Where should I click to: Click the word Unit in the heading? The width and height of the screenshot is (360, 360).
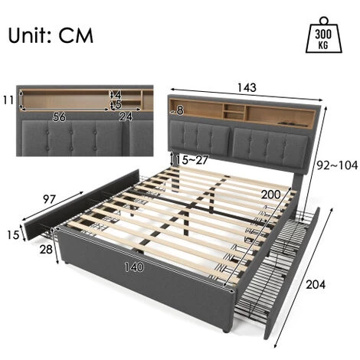click(x=28, y=35)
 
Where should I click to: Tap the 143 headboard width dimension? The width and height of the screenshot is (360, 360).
click(x=247, y=87)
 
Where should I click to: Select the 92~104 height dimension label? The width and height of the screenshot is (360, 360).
click(x=337, y=165)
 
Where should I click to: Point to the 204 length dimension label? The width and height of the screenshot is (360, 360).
click(x=316, y=284)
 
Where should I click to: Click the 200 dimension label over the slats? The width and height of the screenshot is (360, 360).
click(x=271, y=195)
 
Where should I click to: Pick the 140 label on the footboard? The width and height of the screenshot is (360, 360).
click(x=134, y=267)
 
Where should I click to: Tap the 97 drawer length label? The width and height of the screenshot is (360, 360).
click(x=49, y=199)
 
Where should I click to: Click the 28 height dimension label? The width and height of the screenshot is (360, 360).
click(x=46, y=249)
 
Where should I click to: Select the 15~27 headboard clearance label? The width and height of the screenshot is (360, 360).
click(x=191, y=160)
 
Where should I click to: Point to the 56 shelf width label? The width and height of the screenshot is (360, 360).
click(x=59, y=117)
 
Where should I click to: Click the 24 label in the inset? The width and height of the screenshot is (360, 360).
click(x=126, y=116)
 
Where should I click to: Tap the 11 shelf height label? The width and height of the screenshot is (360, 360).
click(x=8, y=100)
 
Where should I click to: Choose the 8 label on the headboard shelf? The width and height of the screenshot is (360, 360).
click(x=180, y=110)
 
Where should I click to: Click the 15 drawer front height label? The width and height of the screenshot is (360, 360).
click(x=13, y=234)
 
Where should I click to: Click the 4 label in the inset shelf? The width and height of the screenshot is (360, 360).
click(x=118, y=95)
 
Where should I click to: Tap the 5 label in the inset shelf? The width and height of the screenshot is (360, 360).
click(x=118, y=104)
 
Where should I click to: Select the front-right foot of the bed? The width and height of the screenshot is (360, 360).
click(x=225, y=330)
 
